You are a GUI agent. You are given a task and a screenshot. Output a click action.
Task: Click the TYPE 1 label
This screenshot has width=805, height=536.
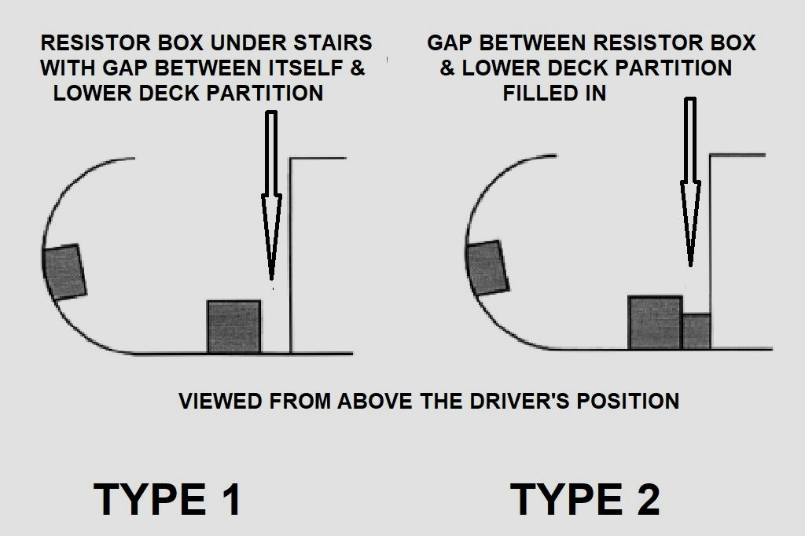pyautogui.click(x=167, y=498)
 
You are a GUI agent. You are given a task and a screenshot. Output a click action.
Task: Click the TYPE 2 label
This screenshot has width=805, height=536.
pyautogui.click(x=585, y=498)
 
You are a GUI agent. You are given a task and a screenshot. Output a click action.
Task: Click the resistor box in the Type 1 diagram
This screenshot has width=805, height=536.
pyautogui.click(x=233, y=326)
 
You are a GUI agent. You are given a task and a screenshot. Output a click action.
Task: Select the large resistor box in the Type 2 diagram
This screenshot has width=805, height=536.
pyautogui.click(x=655, y=323)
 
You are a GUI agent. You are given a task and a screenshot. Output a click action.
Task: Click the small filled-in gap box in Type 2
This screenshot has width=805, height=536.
pyautogui.click(x=697, y=332)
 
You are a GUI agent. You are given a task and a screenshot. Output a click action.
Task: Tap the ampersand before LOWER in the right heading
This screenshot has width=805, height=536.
pyautogui.click(x=447, y=68)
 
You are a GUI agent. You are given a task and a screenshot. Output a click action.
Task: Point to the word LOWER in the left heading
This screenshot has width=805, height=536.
pyautogui.click(x=92, y=93)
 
